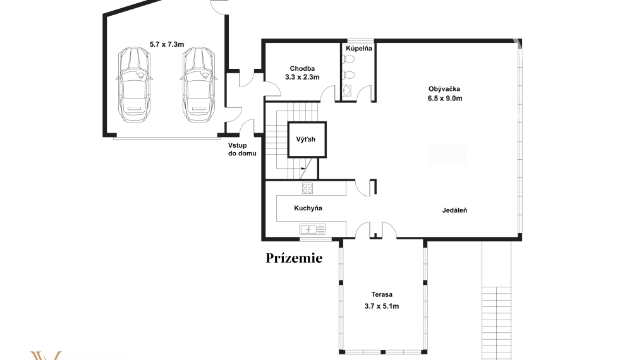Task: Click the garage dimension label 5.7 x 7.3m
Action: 167,44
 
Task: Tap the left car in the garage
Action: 134,85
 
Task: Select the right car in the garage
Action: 198,85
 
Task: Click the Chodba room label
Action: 302,68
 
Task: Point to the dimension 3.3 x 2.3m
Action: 302,77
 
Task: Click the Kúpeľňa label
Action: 359,49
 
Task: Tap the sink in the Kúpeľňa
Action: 346,90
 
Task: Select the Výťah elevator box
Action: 307,140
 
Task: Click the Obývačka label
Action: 444,89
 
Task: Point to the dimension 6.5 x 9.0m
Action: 444,98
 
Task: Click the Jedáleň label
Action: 454,210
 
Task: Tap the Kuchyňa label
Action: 308,208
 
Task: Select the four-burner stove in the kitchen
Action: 308,188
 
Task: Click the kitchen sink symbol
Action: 313,230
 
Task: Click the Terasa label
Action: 382,294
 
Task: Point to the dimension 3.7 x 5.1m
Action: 382,306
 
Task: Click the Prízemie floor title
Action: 295,258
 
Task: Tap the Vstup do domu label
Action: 242,150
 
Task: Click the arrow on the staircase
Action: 303,168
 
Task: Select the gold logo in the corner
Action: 46,356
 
